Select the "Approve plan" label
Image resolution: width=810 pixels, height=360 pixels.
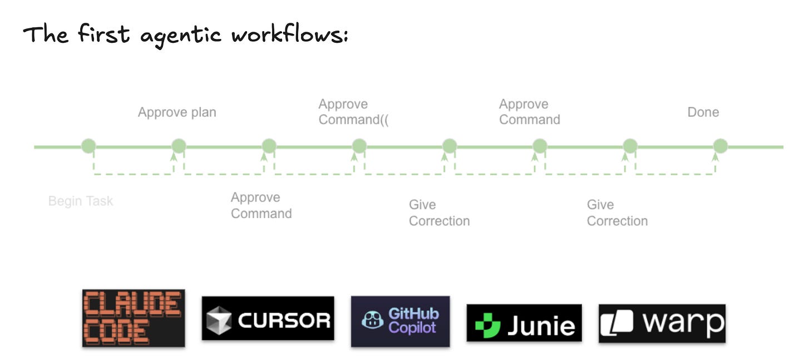[177, 112]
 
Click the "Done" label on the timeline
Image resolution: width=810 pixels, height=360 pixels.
[703, 112]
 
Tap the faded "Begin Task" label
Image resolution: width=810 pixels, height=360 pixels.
[81, 201]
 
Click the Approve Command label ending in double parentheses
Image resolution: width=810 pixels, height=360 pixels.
[353, 112]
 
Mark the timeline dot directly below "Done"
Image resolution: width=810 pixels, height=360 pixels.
[720, 146]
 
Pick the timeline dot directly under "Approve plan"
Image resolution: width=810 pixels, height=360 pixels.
[179, 146]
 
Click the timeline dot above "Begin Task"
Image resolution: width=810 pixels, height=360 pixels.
[88, 146]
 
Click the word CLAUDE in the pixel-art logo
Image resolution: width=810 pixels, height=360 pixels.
[134, 304]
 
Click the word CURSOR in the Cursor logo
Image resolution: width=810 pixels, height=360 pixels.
[284, 320]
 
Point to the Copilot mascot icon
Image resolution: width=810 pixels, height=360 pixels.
[372, 321]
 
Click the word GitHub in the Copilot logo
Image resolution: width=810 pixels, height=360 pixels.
[413, 314]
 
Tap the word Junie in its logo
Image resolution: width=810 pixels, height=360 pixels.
[541, 324]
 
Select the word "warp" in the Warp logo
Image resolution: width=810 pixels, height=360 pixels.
[684, 323]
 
